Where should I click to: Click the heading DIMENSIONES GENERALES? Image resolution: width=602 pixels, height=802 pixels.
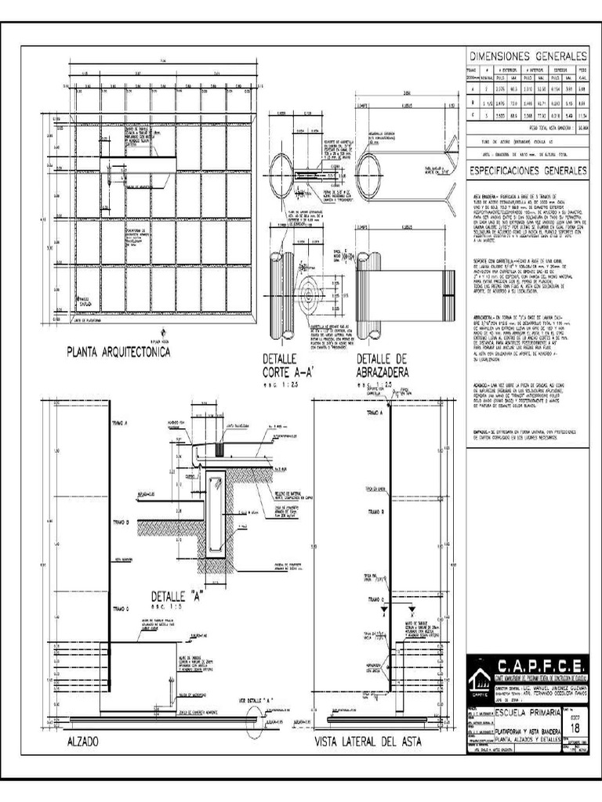tap(528, 57)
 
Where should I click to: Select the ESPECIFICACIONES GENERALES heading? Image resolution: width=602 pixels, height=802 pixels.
tap(528, 170)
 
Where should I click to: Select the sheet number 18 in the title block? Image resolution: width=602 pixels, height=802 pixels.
tap(576, 728)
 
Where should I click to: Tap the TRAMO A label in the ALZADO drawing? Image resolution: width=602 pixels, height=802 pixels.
tap(121, 421)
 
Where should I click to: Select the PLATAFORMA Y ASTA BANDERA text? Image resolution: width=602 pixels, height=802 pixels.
tap(528, 731)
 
